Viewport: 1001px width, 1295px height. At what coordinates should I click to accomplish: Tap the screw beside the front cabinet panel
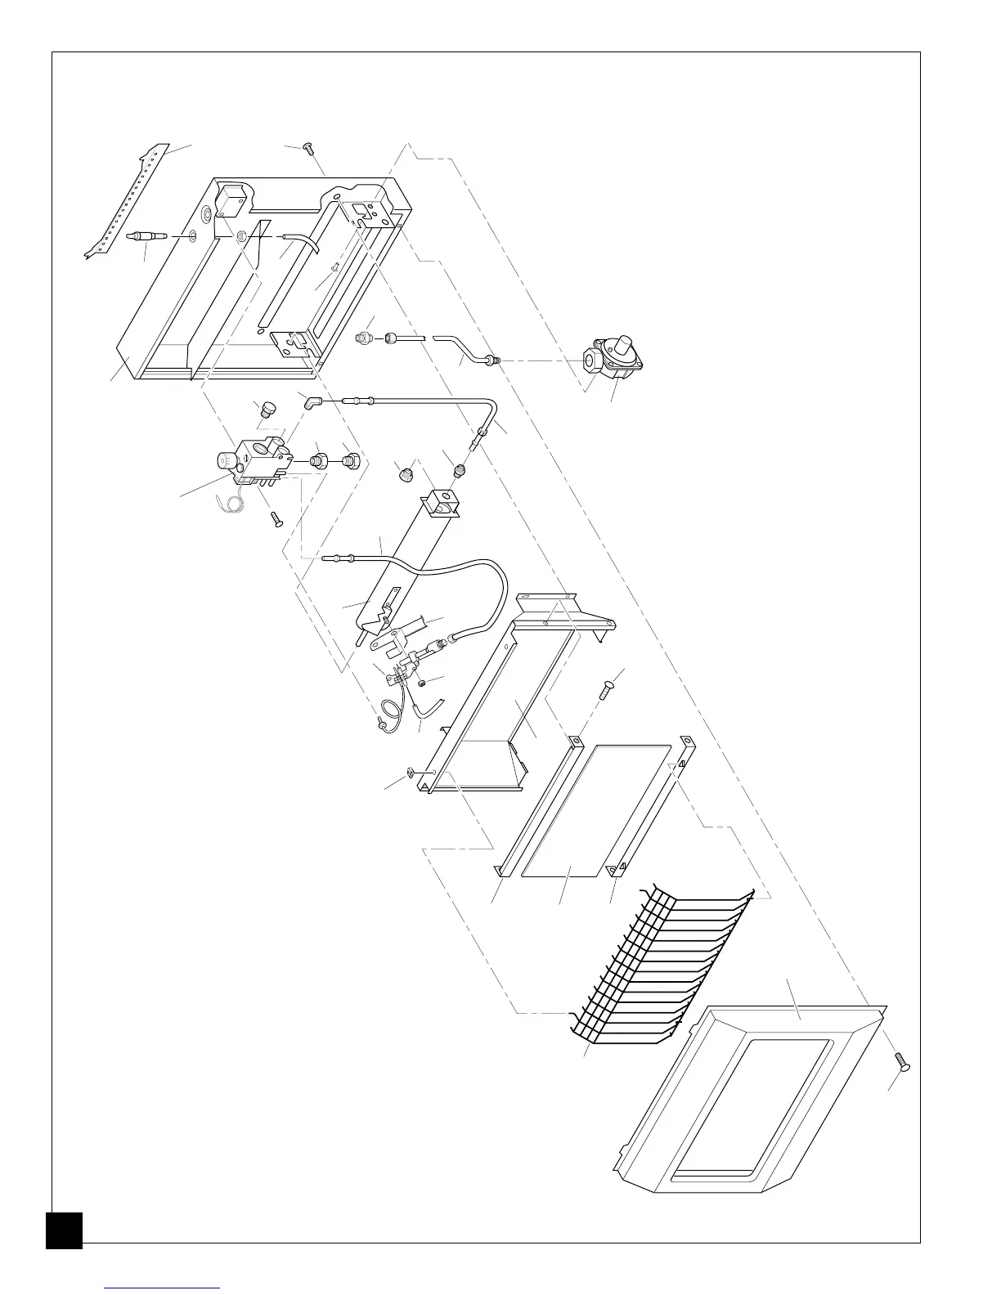point(903,1063)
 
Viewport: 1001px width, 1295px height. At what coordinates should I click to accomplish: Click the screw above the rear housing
point(308,148)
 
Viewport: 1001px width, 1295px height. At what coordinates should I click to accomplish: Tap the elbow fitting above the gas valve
point(311,401)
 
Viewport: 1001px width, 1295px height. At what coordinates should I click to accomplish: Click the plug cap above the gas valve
point(264,410)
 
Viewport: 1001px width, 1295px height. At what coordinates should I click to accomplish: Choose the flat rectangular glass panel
point(595,809)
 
